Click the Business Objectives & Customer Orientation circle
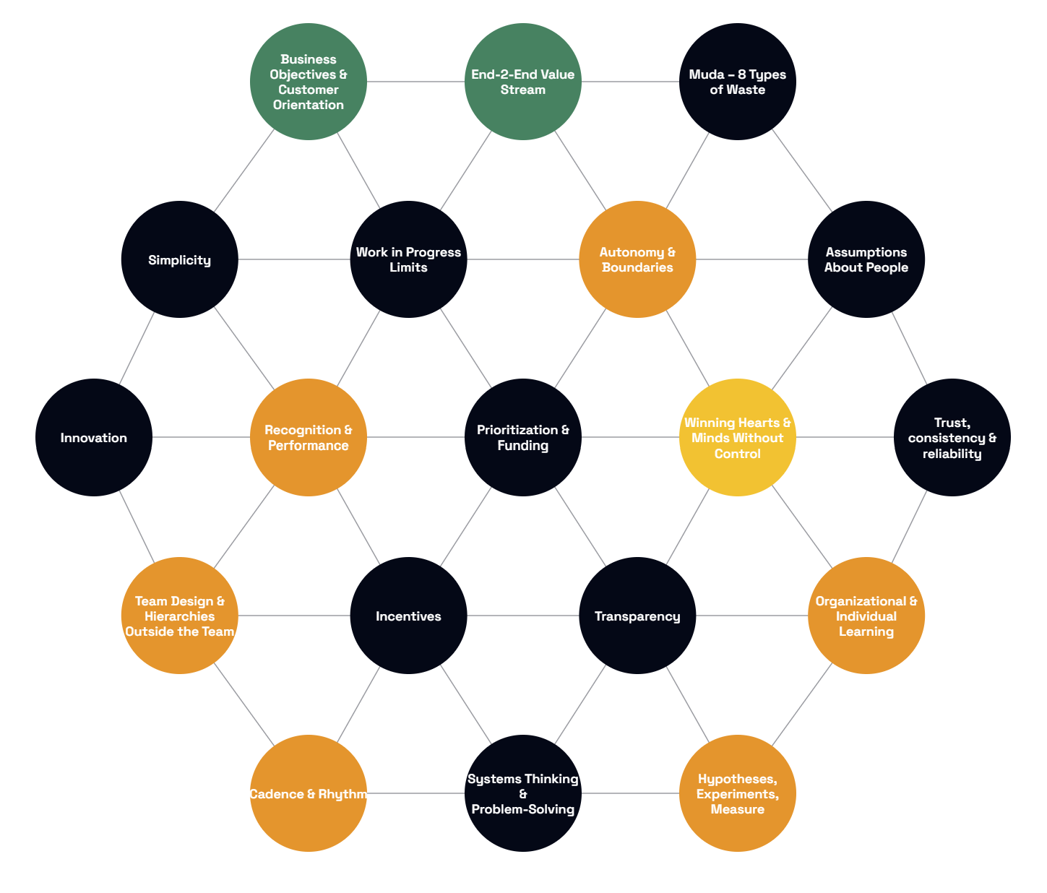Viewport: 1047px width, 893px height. tap(308, 82)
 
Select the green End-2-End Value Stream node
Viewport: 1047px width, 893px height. tap(522, 82)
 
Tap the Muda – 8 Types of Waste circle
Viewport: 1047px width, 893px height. tap(738, 82)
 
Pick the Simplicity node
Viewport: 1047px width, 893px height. tap(179, 259)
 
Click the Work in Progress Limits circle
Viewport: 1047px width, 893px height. tap(408, 259)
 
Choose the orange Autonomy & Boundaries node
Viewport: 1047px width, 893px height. tap(637, 259)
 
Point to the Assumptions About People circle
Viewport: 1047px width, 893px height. tap(866, 259)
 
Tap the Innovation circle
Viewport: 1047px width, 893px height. tap(94, 437)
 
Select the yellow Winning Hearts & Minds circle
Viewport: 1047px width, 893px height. tap(738, 437)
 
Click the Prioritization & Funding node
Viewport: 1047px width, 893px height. tap(522, 437)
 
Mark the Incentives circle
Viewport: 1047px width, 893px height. tap(408, 616)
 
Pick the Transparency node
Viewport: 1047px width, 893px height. tap(637, 616)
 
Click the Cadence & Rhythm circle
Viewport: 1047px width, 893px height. tap(308, 793)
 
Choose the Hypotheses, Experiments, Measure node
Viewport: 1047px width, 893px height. tap(738, 793)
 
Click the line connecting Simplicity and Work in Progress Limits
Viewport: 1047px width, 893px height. tap(294, 259)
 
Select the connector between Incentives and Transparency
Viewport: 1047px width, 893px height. tap(522, 616)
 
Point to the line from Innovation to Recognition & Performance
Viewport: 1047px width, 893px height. tap(201, 437)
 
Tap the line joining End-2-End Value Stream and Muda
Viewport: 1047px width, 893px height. tap(630, 82)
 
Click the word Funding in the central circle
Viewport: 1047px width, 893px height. tap(522, 445)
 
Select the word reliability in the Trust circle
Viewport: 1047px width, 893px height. tap(952, 454)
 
